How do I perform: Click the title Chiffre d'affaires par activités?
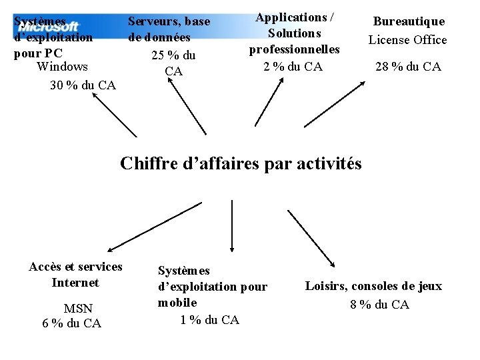(x=241, y=163)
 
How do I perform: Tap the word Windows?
(x=63, y=67)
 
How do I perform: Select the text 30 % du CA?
(x=83, y=85)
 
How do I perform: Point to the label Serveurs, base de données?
(x=169, y=29)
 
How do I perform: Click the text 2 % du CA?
(x=293, y=66)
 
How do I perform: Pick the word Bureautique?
(x=409, y=21)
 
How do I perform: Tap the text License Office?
(x=408, y=40)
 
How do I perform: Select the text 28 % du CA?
(x=408, y=67)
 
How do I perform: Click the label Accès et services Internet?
(x=75, y=275)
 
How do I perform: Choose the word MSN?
(x=77, y=309)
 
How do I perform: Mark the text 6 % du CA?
(x=71, y=323)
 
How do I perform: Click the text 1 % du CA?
(x=209, y=320)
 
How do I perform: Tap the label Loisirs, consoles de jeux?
(x=373, y=287)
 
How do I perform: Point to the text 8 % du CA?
(x=379, y=305)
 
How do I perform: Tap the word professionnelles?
(x=294, y=49)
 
